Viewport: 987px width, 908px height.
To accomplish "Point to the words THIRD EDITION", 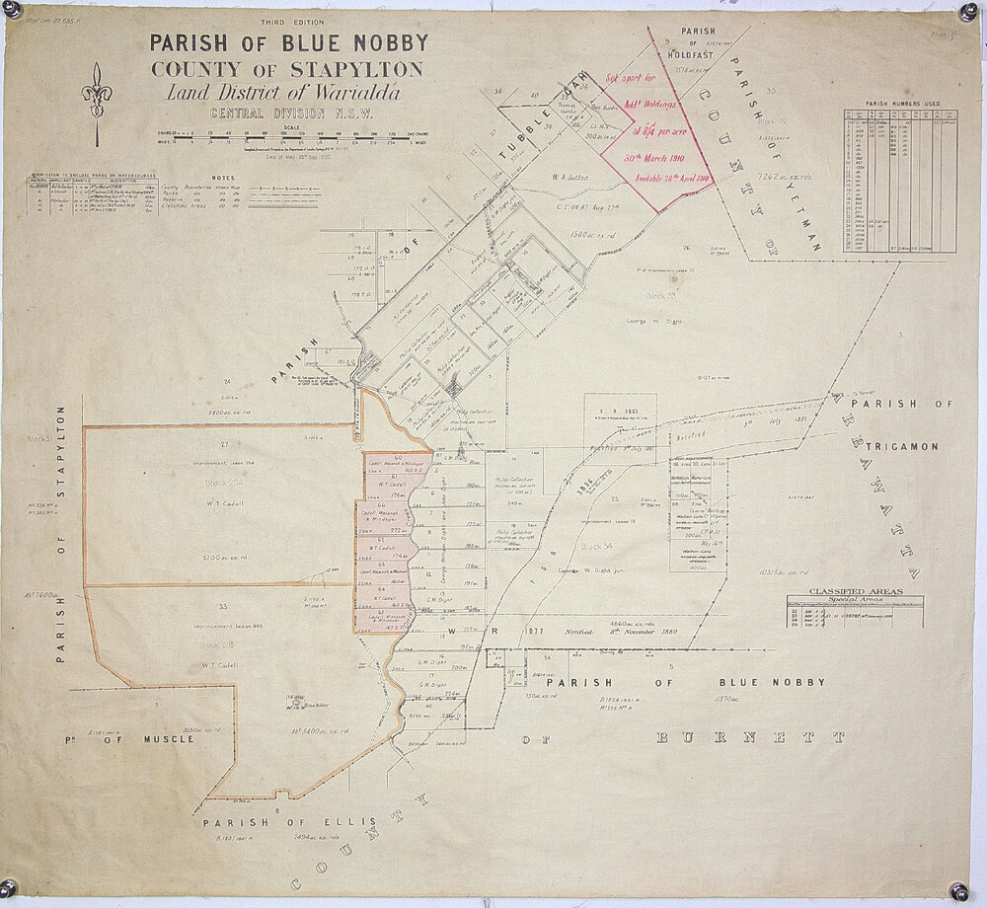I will (x=291, y=22).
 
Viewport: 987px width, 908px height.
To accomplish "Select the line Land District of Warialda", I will (x=282, y=94).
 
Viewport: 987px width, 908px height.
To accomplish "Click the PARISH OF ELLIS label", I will (x=259, y=822).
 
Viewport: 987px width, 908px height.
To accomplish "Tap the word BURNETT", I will (x=751, y=737).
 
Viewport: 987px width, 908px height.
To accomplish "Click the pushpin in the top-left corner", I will (x=13, y=9).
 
